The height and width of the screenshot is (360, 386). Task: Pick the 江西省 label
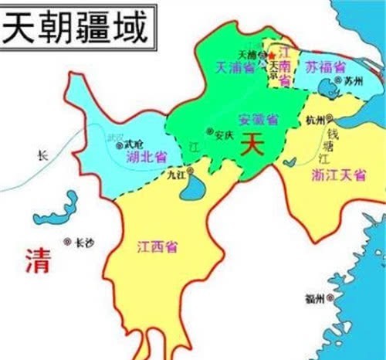157,247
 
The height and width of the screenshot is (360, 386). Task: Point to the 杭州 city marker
330,119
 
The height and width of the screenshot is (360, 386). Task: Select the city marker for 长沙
69,243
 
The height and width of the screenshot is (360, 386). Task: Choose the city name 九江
177,176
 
